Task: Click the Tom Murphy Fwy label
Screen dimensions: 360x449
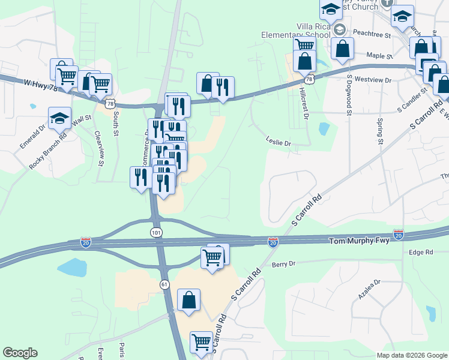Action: pyautogui.click(x=360, y=241)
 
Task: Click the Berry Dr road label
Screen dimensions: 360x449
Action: pyautogui.click(x=284, y=264)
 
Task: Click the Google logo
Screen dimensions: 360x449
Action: pyautogui.click(x=20, y=353)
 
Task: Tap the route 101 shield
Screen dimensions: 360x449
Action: pyautogui.click(x=156, y=232)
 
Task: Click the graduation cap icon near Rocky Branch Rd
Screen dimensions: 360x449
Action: pyautogui.click(x=60, y=118)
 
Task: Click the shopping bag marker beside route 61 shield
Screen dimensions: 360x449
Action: pyautogui.click(x=188, y=300)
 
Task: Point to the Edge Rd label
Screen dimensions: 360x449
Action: pyautogui.click(x=421, y=253)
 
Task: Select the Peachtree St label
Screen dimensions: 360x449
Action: pyautogui.click(x=372, y=34)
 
